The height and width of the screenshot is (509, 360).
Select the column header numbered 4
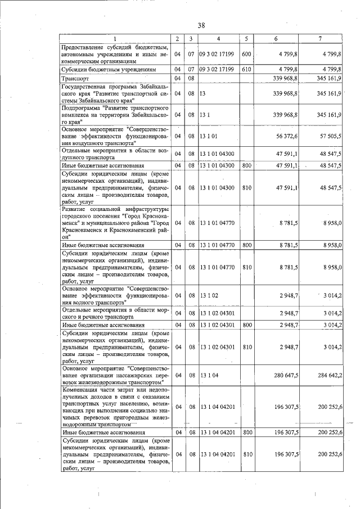[x=219, y=39]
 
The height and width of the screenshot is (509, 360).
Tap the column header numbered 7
[x=320, y=39]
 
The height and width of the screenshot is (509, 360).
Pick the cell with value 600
[x=246, y=54]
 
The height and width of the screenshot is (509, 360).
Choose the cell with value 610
[x=246, y=69]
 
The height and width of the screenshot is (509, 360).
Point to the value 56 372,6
[x=287, y=136]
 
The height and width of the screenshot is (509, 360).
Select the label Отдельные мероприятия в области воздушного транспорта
[x=115, y=155]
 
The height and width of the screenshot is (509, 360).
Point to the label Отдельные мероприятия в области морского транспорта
[x=115, y=313]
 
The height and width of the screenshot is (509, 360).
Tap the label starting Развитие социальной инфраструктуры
[x=115, y=223]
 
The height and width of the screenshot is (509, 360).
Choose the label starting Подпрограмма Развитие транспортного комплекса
[x=115, y=114]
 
